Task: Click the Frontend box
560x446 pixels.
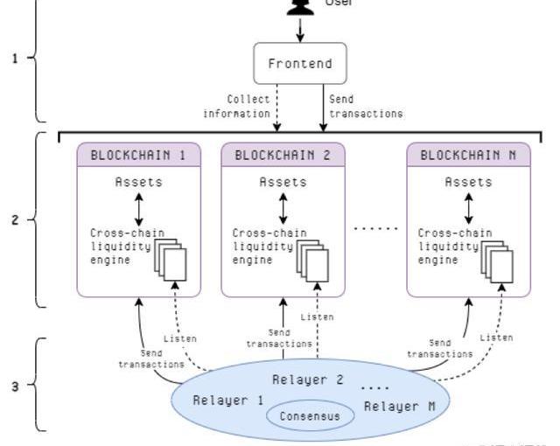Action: pyautogui.click(x=300, y=64)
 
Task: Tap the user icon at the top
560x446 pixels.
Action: pyautogui.click(x=300, y=6)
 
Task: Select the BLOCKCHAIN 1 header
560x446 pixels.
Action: pyautogui.click(x=139, y=155)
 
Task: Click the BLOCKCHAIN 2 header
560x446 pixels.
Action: pyautogui.click(x=283, y=155)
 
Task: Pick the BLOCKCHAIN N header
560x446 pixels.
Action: pyautogui.click(x=468, y=155)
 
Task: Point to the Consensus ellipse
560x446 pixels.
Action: pyautogui.click(x=310, y=415)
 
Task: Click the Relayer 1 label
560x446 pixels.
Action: pyautogui.click(x=227, y=400)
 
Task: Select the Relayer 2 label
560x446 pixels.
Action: pyautogui.click(x=307, y=380)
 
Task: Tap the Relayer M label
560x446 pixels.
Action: pyautogui.click(x=399, y=406)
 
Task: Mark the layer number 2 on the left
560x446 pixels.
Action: pyautogui.click(x=14, y=220)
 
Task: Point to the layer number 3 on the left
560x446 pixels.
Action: pyautogui.click(x=14, y=385)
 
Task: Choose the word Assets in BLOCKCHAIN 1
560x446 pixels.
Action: pyautogui.click(x=139, y=182)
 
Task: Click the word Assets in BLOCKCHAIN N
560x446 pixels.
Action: pyautogui.click(x=469, y=182)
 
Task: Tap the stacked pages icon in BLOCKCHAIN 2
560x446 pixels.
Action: pyautogui.click(x=312, y=259)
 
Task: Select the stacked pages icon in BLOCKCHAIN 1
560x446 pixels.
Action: pyautogui.click(x=171, y=259)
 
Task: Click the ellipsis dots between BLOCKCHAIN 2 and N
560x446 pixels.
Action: pyautogui.click(x=375, y=227)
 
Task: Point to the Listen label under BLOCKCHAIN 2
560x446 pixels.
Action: pyautogui.click(x=316, y=317)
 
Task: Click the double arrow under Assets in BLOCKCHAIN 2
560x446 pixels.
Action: pyautogui.click(x=283, y=208)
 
